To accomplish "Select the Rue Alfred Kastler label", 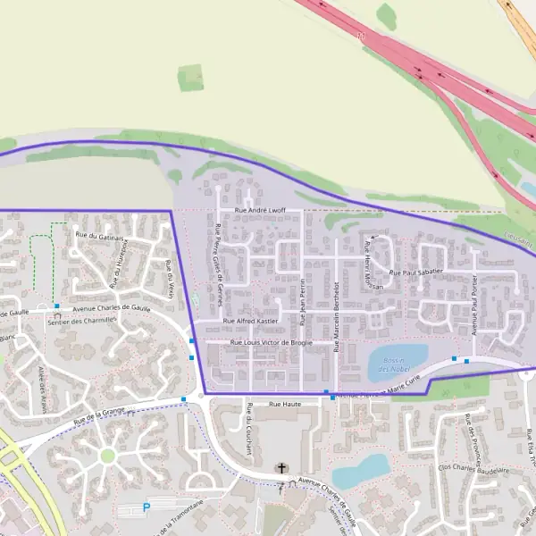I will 250,321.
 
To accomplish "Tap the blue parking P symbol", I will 147,507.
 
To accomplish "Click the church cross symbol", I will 283,468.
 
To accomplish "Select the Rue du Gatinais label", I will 100,236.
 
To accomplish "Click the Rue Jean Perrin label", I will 304,304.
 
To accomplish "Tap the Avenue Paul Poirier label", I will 474,305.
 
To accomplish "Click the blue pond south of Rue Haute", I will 360,470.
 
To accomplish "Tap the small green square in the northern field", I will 190,79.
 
